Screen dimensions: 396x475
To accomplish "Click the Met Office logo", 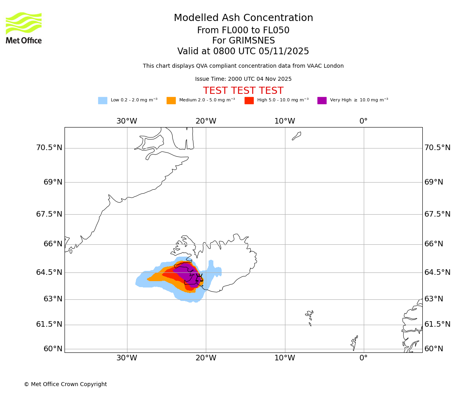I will [24, 28].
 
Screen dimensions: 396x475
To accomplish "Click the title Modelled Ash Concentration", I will [243, 18].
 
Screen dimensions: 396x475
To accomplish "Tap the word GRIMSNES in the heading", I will [243, 41].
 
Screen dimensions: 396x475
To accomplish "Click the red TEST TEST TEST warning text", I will [243, 91].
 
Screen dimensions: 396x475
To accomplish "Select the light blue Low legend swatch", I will [103, 101].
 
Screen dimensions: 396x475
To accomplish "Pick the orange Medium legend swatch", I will [171, 101].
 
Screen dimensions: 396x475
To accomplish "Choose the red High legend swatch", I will [249, 101].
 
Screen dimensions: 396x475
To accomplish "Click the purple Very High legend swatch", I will [322, 101].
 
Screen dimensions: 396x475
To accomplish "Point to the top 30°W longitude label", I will [127, 121].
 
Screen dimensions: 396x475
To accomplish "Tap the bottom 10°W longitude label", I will [285, 358].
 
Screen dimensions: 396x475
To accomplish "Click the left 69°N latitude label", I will [53, 182].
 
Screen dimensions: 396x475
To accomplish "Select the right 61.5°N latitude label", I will [437, 324].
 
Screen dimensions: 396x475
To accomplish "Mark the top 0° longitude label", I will [363, 121].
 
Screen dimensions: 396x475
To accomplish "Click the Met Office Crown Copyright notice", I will [65, 385].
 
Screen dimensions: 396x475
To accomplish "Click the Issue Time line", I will [243, 79].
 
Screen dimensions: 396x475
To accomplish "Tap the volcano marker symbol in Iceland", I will [199, 278].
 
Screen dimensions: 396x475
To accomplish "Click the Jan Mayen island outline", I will [296, 136].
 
